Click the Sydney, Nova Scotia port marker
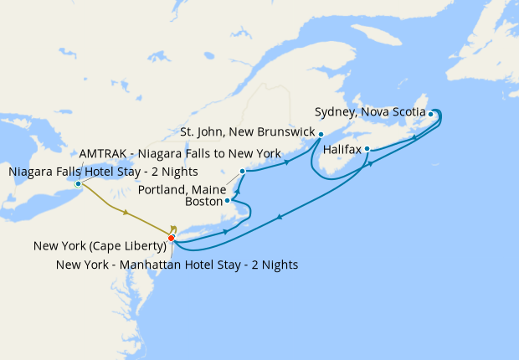coord(430,114)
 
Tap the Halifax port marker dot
coord(367,149)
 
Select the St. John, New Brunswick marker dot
coord(321,133)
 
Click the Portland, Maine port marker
coord(242,172)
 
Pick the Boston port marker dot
coord(228,201)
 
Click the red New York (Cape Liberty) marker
coord(171,239)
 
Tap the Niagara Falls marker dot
coord(78,184)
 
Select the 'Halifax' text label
coord(342,150)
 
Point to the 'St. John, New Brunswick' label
coord(247,132)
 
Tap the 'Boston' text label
coord(203,202)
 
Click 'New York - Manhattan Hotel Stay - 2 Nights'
coord(177,265)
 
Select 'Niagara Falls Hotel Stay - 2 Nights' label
coord(104,172)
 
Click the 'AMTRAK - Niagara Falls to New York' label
coord(180,154)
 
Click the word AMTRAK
coord(101,154)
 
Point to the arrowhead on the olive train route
coord(126,213)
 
